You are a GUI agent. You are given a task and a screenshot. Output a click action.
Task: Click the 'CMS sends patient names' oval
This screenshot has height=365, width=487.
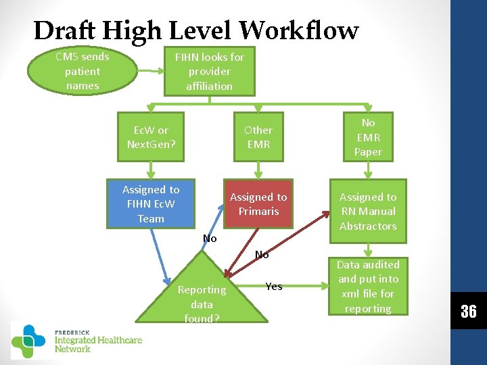82,71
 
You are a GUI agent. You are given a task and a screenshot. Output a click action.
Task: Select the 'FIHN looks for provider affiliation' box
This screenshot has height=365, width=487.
210,71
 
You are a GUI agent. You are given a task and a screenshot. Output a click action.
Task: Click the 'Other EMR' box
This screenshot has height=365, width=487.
258,137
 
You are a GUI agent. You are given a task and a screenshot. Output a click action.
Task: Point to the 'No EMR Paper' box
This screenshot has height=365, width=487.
368,137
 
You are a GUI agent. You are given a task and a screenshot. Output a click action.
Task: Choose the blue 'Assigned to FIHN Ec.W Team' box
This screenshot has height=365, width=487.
151,203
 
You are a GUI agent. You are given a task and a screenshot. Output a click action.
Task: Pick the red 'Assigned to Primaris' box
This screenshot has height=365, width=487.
258,203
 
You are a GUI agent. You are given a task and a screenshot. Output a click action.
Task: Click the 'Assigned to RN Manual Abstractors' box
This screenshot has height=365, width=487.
368,211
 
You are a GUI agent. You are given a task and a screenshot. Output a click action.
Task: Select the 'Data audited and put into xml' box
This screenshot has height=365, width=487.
368,287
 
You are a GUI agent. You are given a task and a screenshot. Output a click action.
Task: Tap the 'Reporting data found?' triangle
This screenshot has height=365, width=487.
202,297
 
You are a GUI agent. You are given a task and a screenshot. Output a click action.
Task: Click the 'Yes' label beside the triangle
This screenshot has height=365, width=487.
274,287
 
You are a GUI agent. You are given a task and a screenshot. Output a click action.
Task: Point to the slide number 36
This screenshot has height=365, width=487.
469,312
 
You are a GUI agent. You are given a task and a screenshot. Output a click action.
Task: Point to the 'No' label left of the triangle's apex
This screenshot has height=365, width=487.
210,239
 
